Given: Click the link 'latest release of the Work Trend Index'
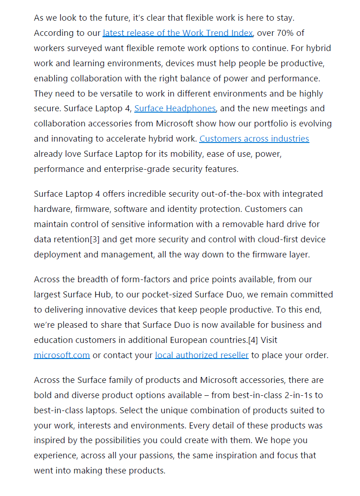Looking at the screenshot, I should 177,33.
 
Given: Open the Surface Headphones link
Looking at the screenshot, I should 175,108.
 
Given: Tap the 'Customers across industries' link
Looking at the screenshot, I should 254,139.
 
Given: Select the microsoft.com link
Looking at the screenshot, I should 62,355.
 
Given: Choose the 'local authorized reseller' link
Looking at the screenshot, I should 202,355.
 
